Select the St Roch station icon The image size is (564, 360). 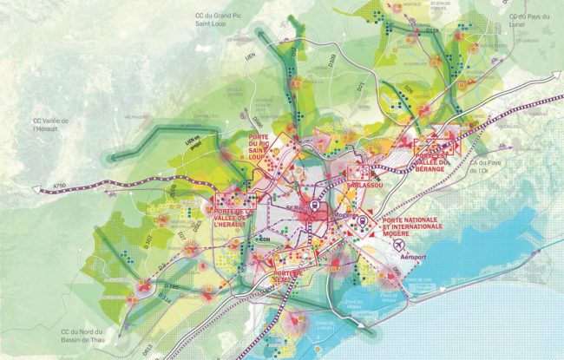tap(313, 206)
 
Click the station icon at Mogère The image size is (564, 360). tap(357, 219)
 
